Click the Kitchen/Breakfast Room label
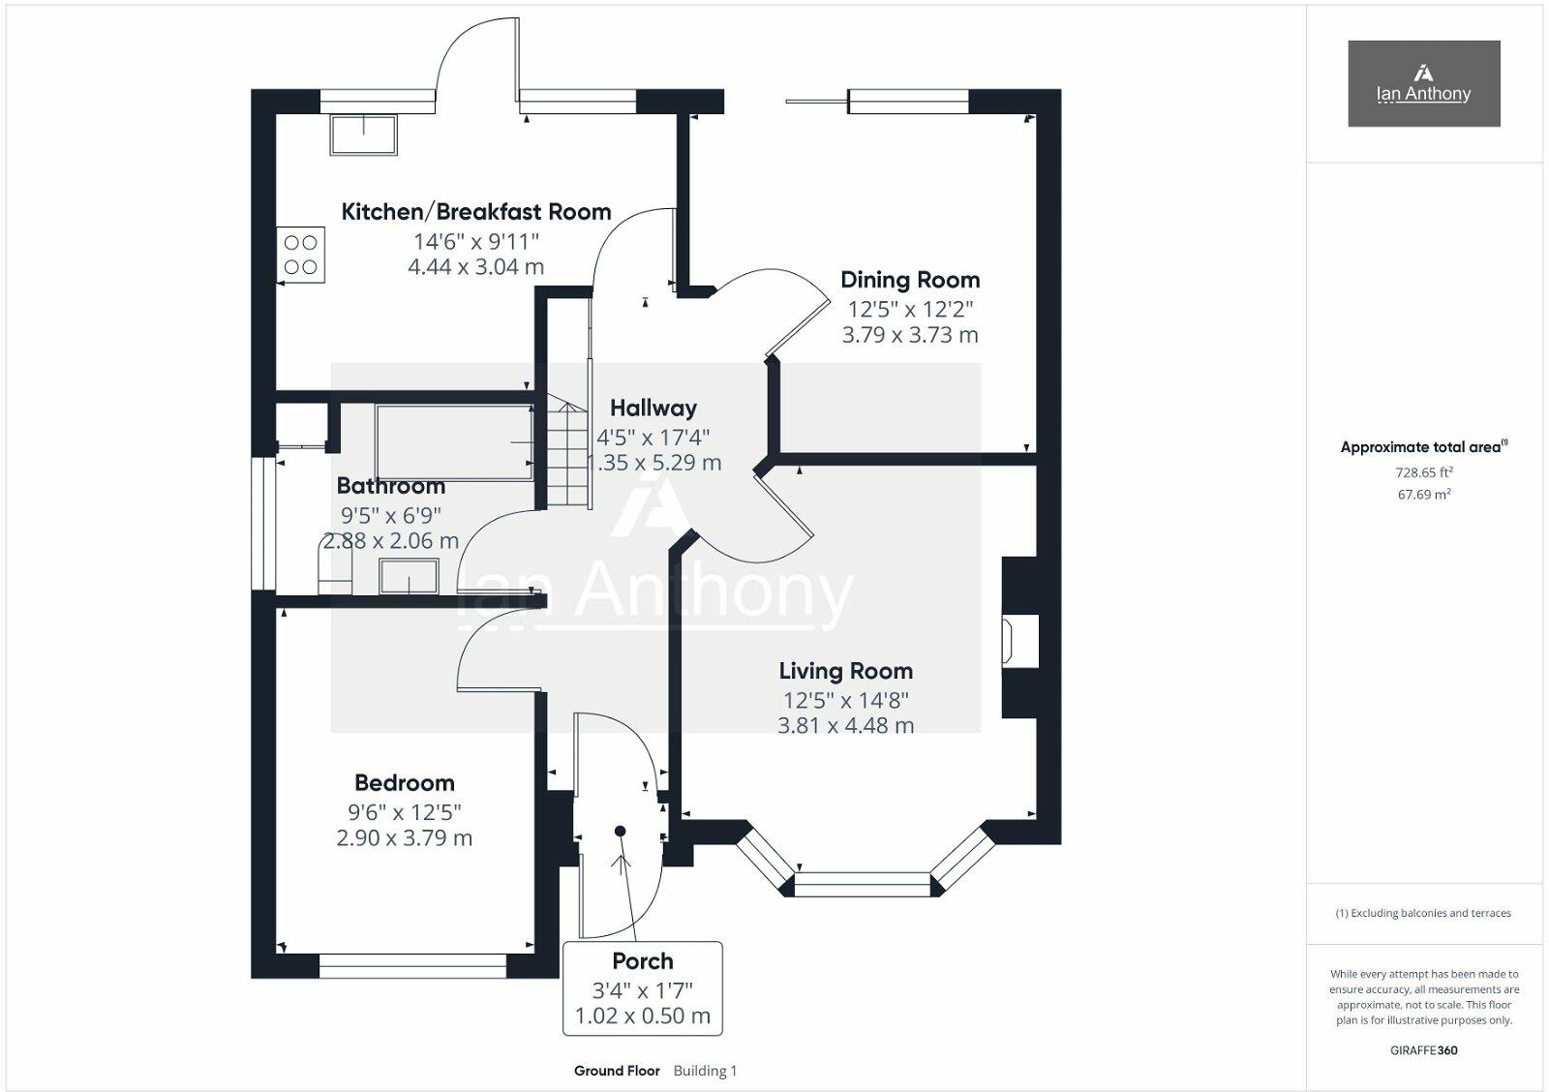tap(475, 212)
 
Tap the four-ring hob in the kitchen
tap(301, 255)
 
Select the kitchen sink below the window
tap(364, 135)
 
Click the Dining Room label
tap(910, 280)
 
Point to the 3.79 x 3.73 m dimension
tap(910, 335)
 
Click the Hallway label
tap(653, 408)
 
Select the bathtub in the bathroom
tap(454, 442)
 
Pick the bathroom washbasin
tap(409, 576)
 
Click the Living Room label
tap(846, 671)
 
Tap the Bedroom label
tap(405, 783)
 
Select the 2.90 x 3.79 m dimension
tap(405, 838)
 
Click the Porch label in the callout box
tap(643, 961)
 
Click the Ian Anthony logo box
tap(1424, 83)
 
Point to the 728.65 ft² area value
tap(1424, 472)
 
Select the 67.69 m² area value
tap(1424, 495)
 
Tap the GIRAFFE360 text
tap(1424, 1050)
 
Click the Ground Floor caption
tap(617, 1072)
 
